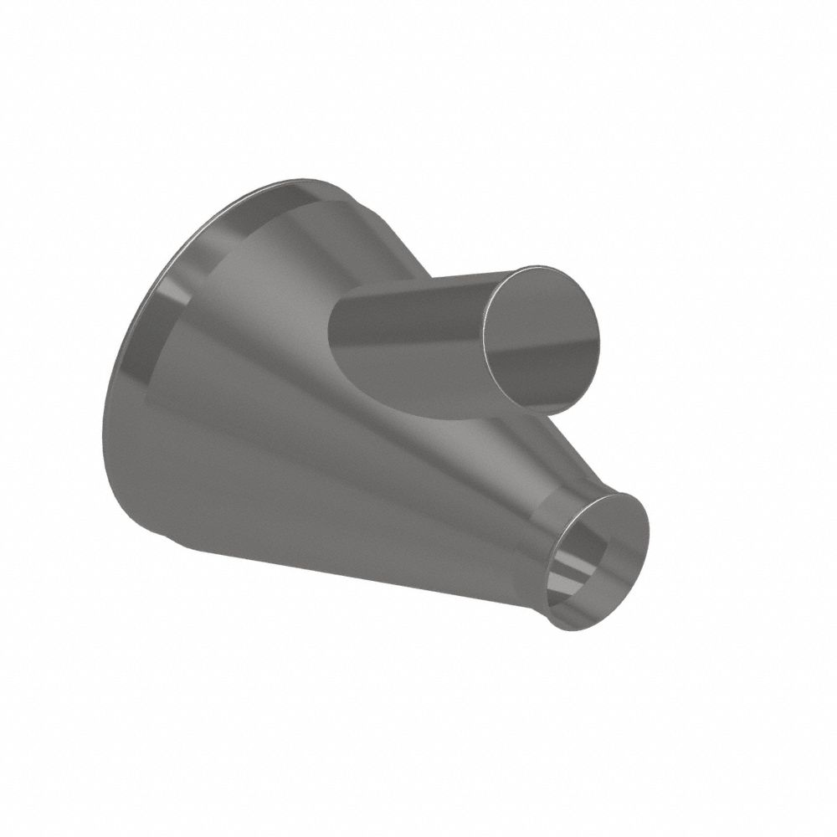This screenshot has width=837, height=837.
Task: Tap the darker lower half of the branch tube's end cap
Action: click(544, 377)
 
